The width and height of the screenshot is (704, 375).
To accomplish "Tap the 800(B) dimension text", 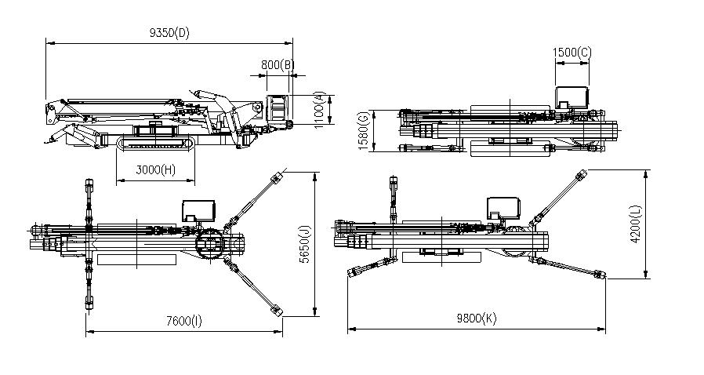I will click(x=278, y=64).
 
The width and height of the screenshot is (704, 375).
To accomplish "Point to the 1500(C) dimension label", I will click(x=572, y=52).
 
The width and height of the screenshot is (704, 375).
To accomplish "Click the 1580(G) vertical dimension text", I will click(x=362, y=132).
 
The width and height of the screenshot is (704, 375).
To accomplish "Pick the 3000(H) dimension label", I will click(x=154, y=170).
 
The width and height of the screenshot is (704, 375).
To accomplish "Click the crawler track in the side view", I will click(x=154, y=144).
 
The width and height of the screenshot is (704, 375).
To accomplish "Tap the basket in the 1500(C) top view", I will click(x=572, y=98).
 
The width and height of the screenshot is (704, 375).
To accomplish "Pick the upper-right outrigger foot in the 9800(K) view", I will click(x=582, y=176).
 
